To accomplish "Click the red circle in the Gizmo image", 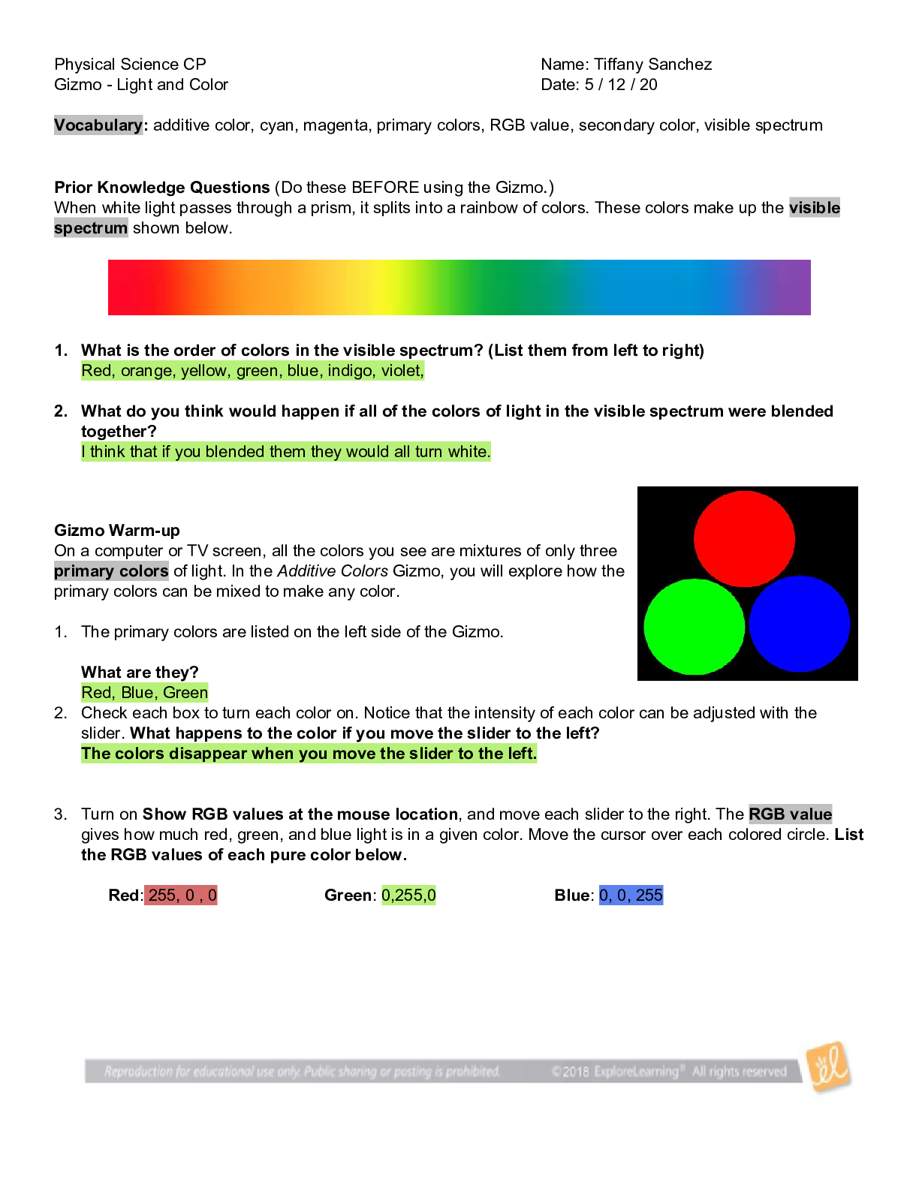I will [744, 538].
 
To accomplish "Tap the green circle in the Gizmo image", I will [694, 627].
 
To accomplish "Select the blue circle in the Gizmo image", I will [799, 624].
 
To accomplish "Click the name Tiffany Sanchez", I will [652, 65].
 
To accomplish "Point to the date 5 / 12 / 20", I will [620, 85].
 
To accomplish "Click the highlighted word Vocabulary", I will [98, 125].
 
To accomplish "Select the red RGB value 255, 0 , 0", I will [182, 896].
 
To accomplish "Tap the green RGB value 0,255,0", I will [408, 896].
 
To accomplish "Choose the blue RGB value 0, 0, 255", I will [631, 896].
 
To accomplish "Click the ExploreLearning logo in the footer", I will [828, 1067].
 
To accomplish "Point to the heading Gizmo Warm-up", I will [117, 531].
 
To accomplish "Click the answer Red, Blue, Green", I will [145, 693].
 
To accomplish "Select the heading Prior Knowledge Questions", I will [162, 188].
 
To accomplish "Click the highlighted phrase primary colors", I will [111, 571].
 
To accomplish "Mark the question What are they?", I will [140, 673].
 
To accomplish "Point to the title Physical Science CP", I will [130, 65].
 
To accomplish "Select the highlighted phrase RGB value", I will [791, 814].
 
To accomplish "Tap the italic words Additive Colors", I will [333, 571].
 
